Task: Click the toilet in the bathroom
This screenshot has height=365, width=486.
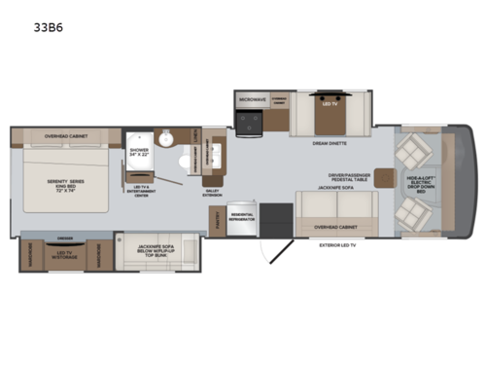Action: (165, 139)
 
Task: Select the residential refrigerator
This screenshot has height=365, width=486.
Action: (242, 219)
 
